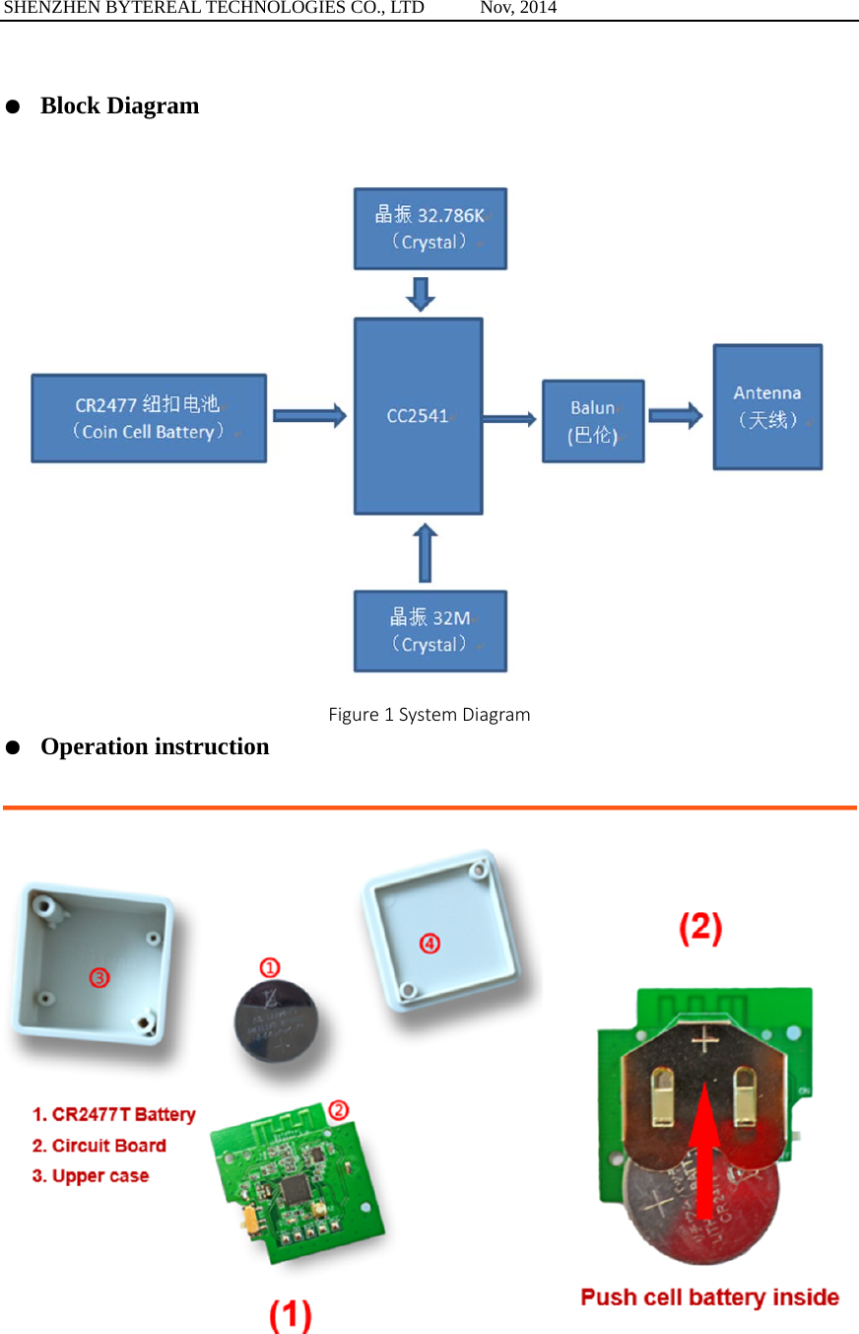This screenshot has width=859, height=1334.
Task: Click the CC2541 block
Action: pos(419,416)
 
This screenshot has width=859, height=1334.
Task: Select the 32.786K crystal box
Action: pos(430,229)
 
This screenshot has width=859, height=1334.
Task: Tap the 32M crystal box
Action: pos(430,631)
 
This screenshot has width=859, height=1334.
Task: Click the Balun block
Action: pos(593,421)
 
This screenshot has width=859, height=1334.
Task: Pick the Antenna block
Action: pos(767,406)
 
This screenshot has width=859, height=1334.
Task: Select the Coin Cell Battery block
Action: pos(149,418)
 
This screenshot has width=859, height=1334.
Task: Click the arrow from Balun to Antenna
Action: pos(676,416)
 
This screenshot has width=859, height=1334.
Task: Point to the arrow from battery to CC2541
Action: pos(309,416)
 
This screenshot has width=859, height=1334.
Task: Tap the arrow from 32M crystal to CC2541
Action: pos(425,553)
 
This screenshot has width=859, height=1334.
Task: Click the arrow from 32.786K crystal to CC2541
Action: pos(421,294)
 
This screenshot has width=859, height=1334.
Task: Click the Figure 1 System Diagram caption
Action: pos(429,714)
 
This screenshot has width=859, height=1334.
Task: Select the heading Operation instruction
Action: pos(155,746)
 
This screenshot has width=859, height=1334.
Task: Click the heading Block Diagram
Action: pos(119,105)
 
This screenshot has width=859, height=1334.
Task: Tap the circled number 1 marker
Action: pos(270,967)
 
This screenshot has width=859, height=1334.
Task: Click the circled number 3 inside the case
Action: pos(99,977)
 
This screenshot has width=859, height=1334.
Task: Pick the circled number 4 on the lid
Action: pos(429,944)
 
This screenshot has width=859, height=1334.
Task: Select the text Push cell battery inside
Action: pos(709,1297)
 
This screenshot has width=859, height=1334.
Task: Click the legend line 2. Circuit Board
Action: pos(99,1146)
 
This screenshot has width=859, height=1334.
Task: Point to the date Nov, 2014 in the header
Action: pos(518,8)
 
